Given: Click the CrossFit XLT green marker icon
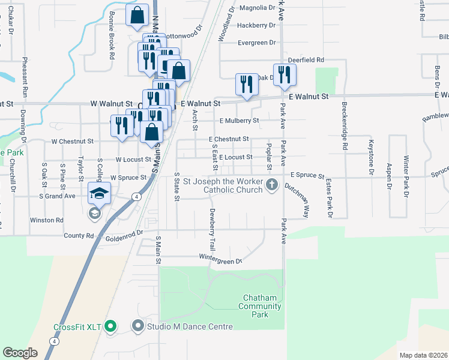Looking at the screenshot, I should [x=110, y=327].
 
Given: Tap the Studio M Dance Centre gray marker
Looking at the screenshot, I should [x=139, y=326].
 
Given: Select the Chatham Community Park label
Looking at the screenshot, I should [x=259, y=306].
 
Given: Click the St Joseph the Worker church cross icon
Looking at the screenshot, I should [x=272, y=184].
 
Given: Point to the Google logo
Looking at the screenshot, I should [x=20, y=353].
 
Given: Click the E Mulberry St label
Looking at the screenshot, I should [x=239, y=120].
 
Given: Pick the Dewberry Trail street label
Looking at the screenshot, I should [x=212, y=229].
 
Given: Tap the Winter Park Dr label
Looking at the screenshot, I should [x=406, y=176].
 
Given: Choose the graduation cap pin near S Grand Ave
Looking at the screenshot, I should [x=100, y=193].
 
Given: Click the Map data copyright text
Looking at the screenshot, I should [x=424, y=355].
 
